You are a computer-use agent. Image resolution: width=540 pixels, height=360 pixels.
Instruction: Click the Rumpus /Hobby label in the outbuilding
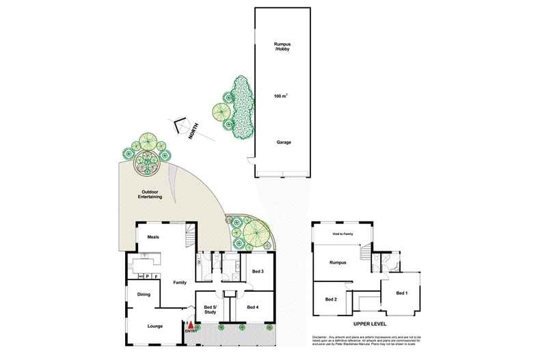tap(284, 50)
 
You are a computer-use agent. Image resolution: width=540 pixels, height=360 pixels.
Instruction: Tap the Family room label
tap(180, 282)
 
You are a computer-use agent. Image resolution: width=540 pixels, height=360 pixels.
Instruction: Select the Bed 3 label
tap(258, 272)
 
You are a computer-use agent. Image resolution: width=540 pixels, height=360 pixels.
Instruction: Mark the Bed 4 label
tap(253, 307)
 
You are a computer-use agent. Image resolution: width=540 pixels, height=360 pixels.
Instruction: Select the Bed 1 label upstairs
tap(403, 293)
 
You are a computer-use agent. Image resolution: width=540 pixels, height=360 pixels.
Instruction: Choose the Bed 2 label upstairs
tap(331, 300)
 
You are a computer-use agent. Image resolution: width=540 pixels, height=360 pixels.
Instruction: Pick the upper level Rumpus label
tap(338, 262)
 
